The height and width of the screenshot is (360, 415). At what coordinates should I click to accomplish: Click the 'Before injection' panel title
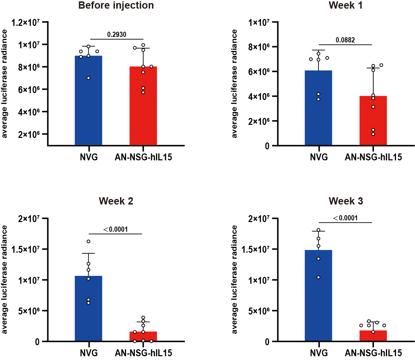(116, 6)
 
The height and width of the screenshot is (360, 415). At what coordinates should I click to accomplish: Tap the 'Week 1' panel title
(345, 6)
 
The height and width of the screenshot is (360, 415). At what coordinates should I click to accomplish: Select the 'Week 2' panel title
(116, 201)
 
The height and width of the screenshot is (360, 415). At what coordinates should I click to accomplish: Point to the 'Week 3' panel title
(346, 201)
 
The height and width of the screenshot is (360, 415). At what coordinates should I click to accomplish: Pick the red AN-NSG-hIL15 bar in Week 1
(373, 121)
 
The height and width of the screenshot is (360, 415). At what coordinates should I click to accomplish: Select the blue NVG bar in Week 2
(88, 310)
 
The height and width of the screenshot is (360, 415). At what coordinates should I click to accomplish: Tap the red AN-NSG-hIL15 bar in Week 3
(373, 336)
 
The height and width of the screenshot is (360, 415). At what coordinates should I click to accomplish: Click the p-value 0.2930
(117, 34)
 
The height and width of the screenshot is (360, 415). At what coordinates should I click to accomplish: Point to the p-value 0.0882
(345, 40)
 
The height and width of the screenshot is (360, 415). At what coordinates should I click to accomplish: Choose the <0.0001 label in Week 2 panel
(116, 229)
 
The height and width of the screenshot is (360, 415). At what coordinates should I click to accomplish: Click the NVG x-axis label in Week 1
(318, 157)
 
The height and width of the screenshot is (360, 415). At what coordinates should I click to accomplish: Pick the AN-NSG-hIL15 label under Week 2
(143, 353)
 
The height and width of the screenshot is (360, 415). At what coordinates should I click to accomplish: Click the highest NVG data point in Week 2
(88, 241)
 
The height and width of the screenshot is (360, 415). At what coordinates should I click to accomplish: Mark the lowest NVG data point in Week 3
(318, 277)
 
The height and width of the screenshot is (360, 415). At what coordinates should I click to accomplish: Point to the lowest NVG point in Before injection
(88, 78)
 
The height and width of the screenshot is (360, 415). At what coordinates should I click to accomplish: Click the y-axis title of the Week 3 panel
(235, 279)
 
